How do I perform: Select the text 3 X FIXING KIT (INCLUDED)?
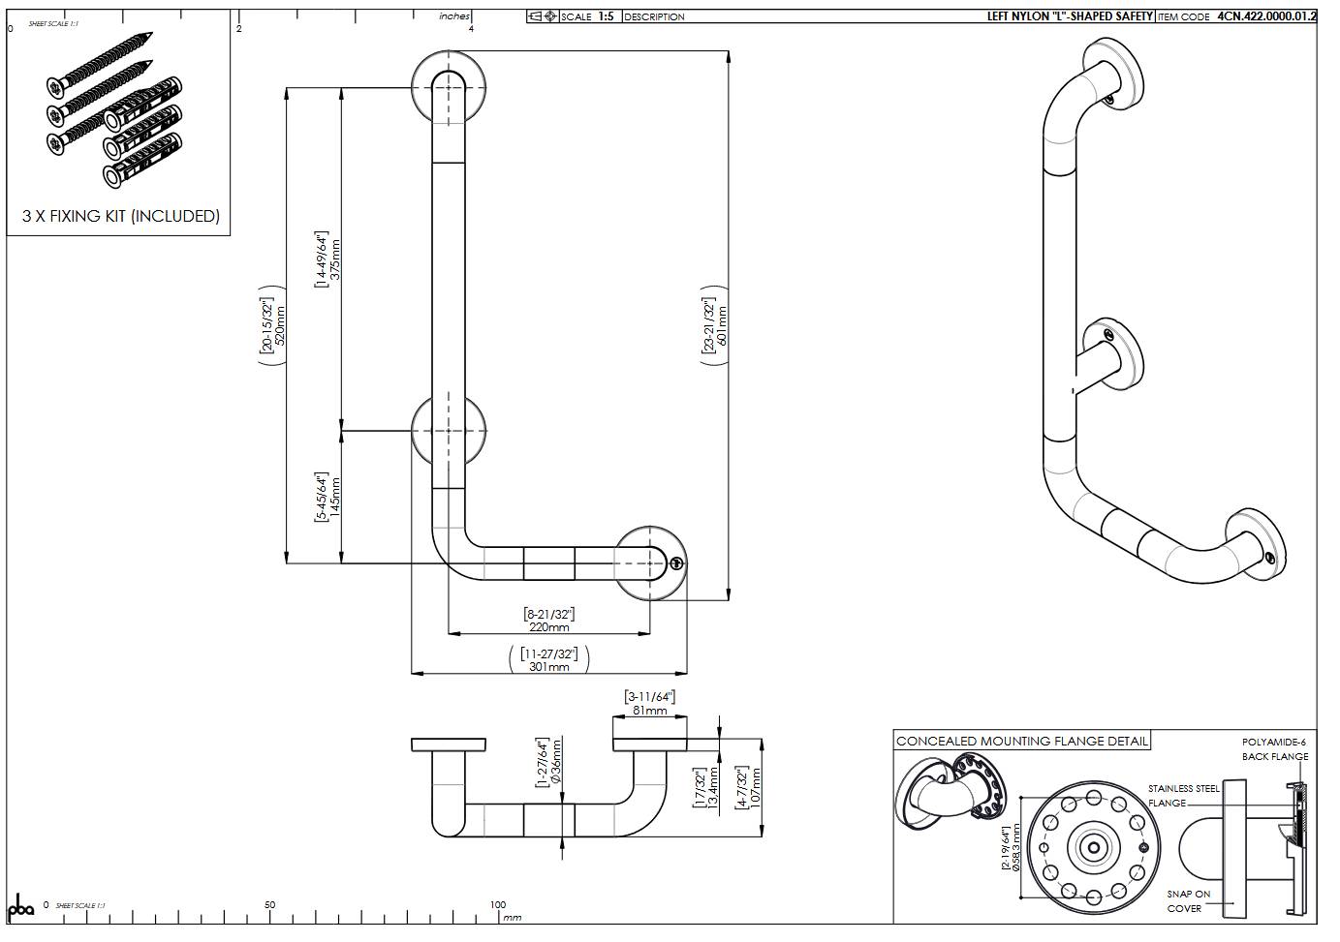121,216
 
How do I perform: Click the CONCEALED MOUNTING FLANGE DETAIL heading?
1021,742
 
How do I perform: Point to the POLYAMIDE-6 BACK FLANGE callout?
1275,749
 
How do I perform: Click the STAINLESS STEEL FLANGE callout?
1183,796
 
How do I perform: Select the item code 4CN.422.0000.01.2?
1266,16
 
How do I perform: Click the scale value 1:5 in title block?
606,16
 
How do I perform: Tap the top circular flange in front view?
448,87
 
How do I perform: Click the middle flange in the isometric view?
1113,352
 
